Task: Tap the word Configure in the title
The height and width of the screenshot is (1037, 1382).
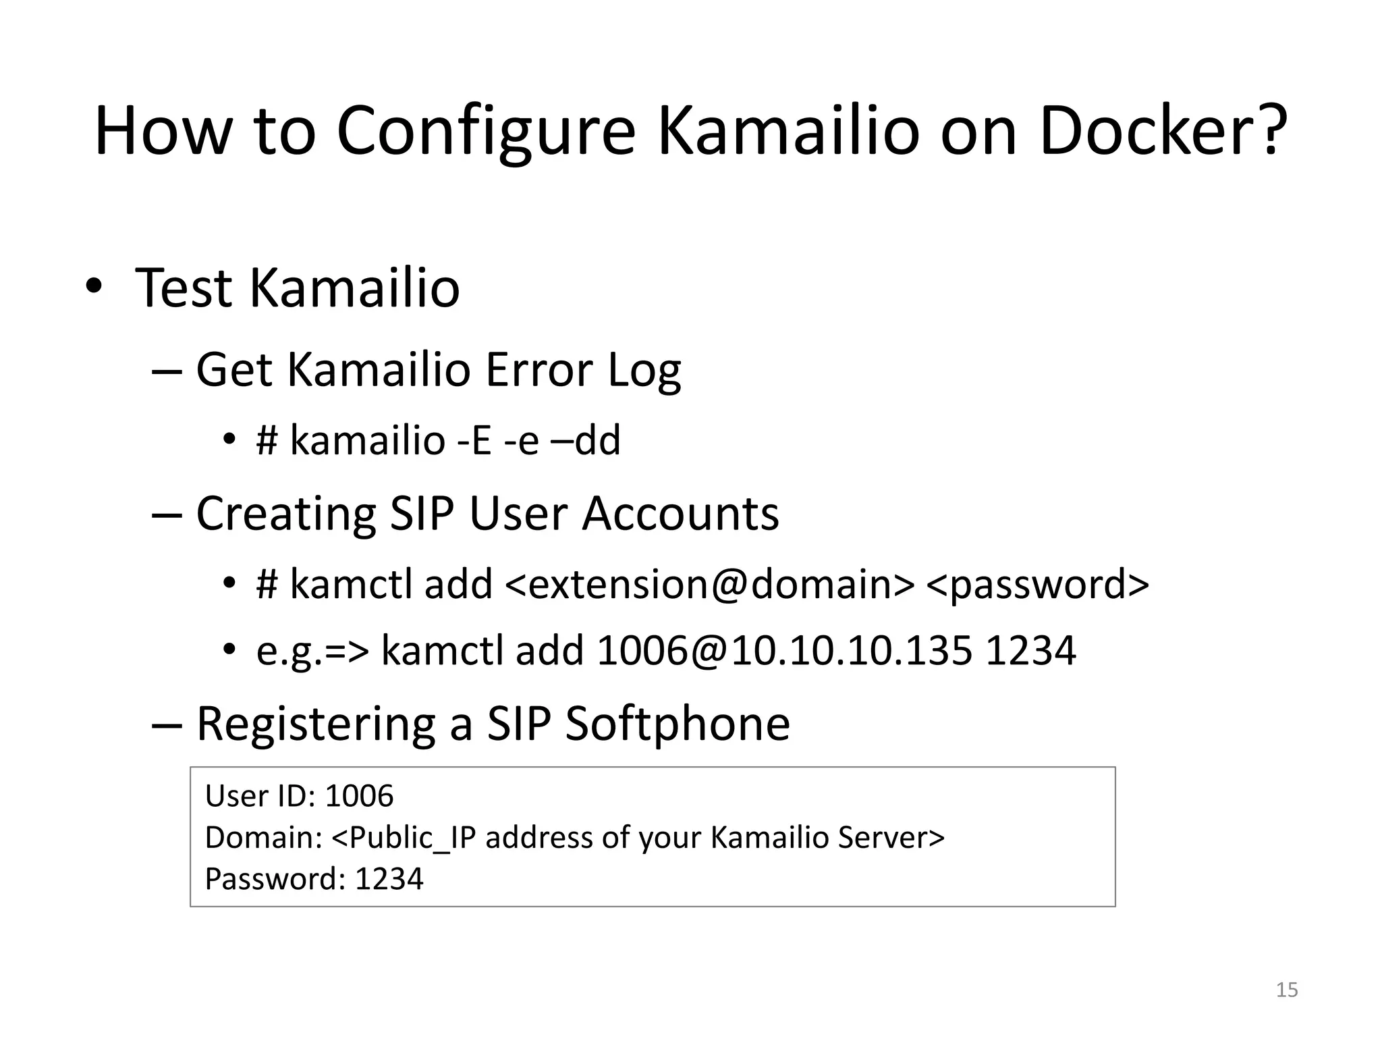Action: [x=486, y=132]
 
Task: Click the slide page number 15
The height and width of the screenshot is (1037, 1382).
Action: [x=1287, y=990]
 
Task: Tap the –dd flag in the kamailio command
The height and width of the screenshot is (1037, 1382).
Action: [x=585, y=440]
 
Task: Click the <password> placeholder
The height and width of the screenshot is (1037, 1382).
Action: [x=1037, y=584]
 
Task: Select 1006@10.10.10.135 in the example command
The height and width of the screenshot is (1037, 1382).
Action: [x=784, y=651]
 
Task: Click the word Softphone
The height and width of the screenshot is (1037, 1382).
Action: [x=677, y=724]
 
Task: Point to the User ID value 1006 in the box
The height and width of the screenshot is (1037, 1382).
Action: [x=359, y=796]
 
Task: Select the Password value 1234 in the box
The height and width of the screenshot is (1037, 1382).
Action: [x=389, y=879]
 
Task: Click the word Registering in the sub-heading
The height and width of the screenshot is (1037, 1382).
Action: [x=316, y=724]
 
